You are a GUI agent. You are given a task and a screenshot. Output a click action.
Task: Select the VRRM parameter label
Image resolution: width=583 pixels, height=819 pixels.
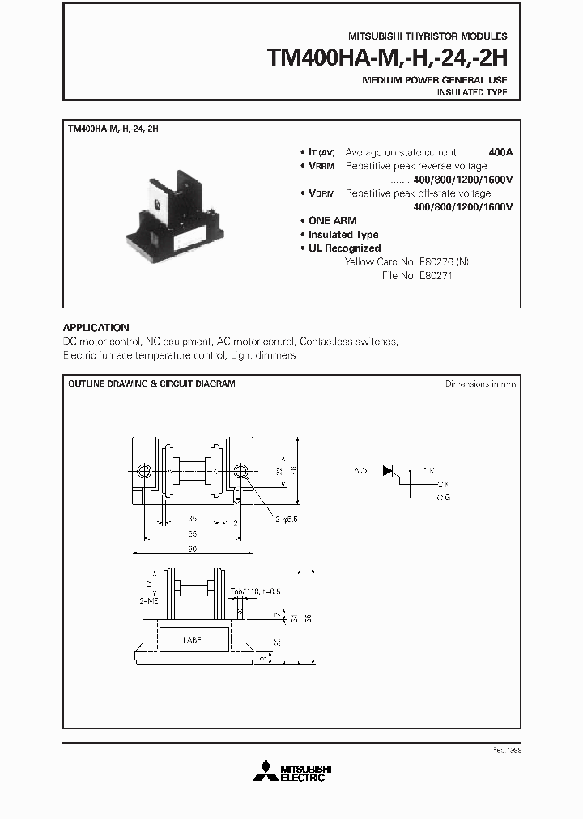click(x=321, y=166)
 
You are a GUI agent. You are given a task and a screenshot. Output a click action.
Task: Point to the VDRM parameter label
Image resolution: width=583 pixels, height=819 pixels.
click(x=321, y=193)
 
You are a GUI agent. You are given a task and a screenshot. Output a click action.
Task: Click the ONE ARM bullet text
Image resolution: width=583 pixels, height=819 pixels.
click(x=332, y=221)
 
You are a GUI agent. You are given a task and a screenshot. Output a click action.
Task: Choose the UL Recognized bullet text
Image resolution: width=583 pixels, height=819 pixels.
click(x=344, y=248)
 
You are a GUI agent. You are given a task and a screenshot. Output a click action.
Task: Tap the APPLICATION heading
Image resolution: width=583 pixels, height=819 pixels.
click(x=96, y=328)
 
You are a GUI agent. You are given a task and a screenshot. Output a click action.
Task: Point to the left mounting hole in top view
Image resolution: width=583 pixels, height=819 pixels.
click(x=144, y=471)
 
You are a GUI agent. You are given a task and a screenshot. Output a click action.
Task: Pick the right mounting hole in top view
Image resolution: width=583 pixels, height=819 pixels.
click(x=240, y=471)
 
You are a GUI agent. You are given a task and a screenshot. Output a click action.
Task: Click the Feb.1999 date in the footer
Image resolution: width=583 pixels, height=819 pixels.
click(x=506, y=751)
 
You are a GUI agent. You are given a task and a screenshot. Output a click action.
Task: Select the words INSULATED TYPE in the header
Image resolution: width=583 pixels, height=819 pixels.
click(x=472, y=93)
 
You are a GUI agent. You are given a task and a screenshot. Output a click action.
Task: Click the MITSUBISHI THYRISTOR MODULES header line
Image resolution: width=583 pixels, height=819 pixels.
click(x=428, y=37)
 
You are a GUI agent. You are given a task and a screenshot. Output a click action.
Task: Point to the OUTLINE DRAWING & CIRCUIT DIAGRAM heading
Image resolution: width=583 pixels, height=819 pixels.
click(x=151, y=384)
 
